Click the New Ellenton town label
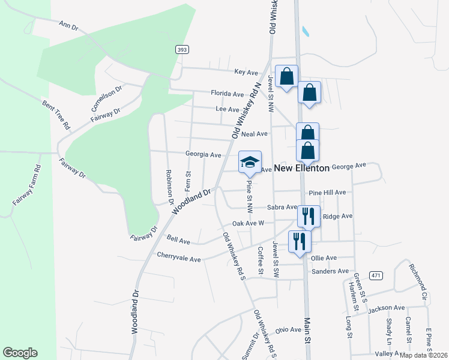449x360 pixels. pos(302,169)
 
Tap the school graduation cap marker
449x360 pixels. pos(250,162)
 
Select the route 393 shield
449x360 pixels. pos(183,49)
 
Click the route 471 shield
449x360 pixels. pos(376,275)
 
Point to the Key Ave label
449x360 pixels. pos(246,72)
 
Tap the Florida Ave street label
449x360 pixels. pos(227,94)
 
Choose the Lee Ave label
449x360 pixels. pos(228,109)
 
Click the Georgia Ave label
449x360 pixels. pos(203,154)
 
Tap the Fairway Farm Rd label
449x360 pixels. pos(25,185)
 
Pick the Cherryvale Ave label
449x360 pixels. pos(178,259)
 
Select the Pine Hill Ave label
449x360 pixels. pos(328,193)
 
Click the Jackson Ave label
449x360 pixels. pos(387,308)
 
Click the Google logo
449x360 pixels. pos(20,353)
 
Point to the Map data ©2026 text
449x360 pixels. pos(424,355)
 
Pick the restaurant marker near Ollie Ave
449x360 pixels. pos(299,242)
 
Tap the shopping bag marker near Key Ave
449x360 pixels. pos(287,76)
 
